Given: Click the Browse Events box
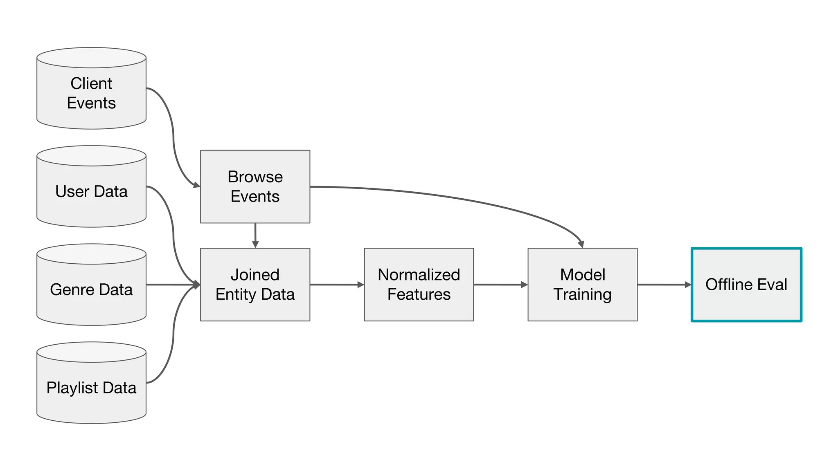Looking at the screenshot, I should tap(255, 186).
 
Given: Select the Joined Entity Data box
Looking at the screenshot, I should tap(255, 285).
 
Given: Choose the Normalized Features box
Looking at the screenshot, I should tap(419, 285).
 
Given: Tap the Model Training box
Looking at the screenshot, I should tap(582, 285).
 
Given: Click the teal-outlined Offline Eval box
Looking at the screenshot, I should tap(746, 285).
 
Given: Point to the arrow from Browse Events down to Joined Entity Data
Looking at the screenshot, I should tap(255, 235).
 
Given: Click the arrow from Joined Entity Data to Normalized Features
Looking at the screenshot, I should tap(337, 285).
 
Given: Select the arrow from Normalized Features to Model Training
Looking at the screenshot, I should tap(500, 285).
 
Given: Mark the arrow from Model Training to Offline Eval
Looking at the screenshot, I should tap(664, 285).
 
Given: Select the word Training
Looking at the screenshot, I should tap(582, 295).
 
